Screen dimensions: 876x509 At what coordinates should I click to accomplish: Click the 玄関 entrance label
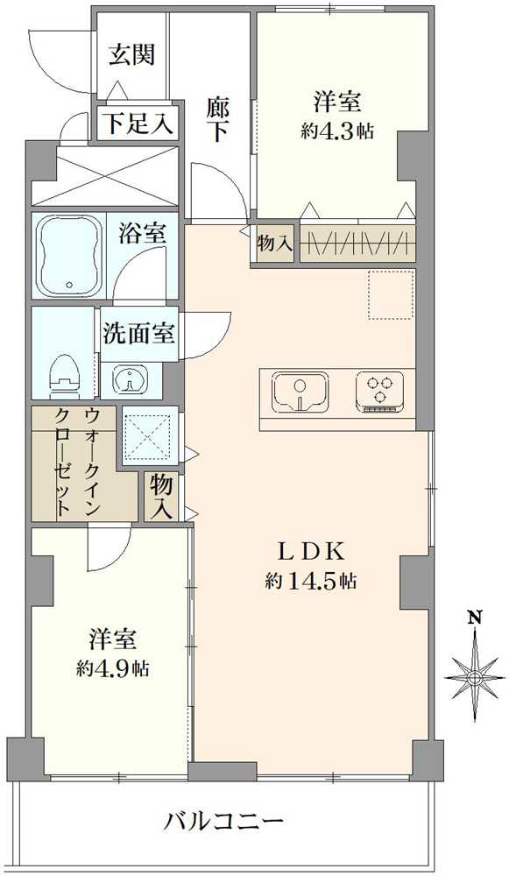coord(132,54)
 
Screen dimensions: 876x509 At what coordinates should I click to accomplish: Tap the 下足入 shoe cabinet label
coord(140,123)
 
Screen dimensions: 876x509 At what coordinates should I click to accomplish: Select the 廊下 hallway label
coord(218,119)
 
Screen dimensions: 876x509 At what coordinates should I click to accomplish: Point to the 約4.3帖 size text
coord(339,131)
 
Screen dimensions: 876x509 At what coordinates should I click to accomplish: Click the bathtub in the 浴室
coord(71,253)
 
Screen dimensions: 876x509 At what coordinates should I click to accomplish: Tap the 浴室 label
coord(142,234)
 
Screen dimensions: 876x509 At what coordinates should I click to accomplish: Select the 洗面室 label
coord(140,334)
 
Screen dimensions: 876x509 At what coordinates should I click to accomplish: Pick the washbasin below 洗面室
coord(131,381)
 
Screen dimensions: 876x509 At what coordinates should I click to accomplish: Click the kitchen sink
coord(300,391)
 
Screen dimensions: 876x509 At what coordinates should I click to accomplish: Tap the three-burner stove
coord(379,391)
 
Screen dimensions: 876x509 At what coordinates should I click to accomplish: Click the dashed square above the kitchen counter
coord(390,294)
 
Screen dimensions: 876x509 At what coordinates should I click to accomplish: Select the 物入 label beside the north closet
coord(275,244)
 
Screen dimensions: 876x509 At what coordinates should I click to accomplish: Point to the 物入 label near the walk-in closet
coord(160,497)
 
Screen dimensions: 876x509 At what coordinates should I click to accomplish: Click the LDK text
coord(314,552)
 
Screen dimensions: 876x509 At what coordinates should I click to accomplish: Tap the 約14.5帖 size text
coord(312,580)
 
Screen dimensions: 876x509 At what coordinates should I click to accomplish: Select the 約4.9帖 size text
coord(112,668)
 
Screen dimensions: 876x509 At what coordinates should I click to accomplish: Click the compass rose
coord(475,676)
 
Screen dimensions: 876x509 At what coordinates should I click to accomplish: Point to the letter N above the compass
coord(475,618)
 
